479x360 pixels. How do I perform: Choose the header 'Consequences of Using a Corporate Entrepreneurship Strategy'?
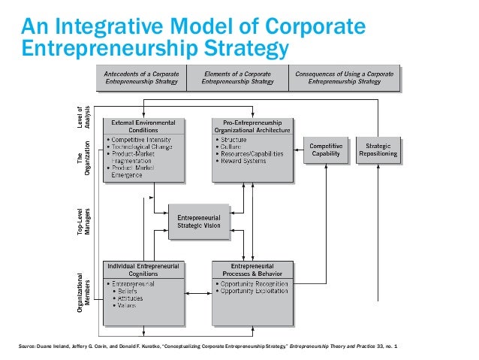[x=345, y=77]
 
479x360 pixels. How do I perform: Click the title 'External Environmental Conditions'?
[x=143, y=126]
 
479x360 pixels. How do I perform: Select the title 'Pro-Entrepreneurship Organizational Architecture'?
[x=252, y=126]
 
